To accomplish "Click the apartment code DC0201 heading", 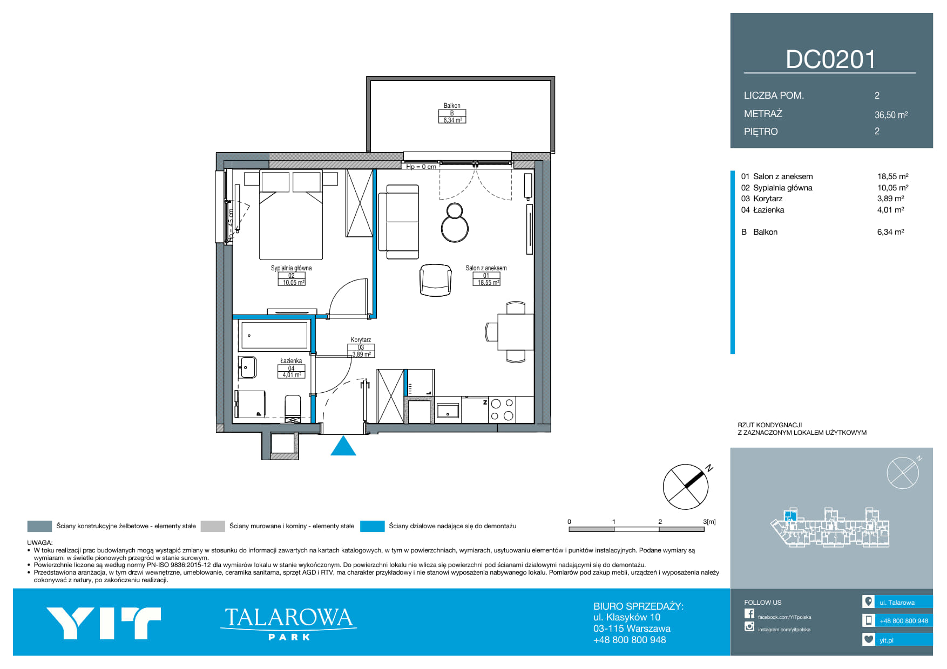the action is click(830, 59).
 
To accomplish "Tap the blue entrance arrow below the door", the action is click(343, 446).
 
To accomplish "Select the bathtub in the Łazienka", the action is click(274, 335).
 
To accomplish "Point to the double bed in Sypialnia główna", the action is click(291, 215).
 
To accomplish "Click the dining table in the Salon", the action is click(516, 332).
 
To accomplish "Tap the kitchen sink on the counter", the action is click(448, 411).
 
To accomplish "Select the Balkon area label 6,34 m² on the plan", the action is click(452, 120).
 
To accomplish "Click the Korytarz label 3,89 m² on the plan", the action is click(361, 354).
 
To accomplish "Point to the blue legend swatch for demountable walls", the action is click(372, 526).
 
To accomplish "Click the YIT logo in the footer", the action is click(104, 623).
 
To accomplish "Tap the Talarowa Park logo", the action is click(289, 623).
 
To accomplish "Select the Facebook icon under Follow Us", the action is click(749, 613).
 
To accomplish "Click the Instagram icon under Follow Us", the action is click(749, 626).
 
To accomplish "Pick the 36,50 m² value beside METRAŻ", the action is click(891, 114).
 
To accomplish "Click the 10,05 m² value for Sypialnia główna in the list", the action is click(893, 188).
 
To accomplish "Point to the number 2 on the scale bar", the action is click(660, 522).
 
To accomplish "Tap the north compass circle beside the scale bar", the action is click(686, 487).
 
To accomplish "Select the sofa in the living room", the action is click(399, 222).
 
